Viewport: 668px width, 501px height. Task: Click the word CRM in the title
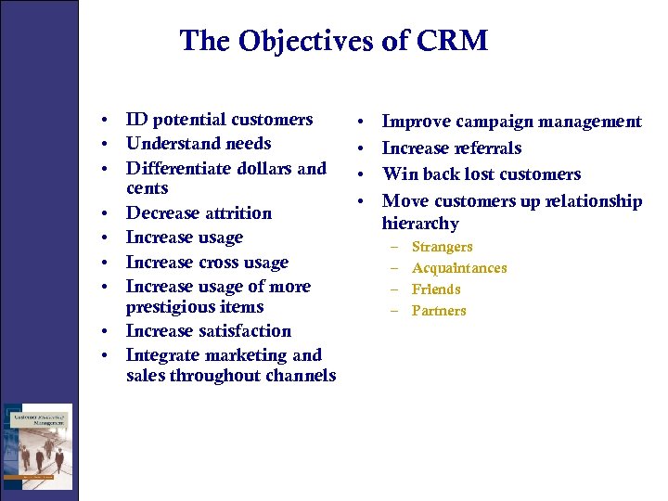(454, 42)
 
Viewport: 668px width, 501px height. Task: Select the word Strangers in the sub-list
(442, 247)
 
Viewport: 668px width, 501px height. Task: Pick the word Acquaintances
(459, 268)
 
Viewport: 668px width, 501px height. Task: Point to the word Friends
(435, 289)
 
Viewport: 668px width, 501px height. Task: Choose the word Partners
(439, 311)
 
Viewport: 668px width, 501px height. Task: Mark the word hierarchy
(420, 224)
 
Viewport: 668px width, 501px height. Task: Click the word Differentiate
(175, 169)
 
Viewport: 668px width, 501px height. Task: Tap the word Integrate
(161, 355)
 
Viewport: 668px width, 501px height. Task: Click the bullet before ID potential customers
(109, 121)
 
